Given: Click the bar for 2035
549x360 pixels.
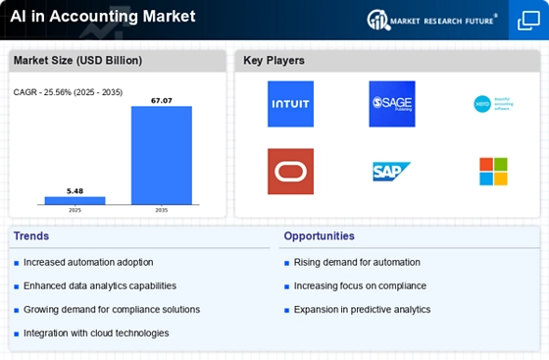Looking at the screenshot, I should (x=162, y=155).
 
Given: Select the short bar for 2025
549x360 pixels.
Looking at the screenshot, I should (x=75, y=200).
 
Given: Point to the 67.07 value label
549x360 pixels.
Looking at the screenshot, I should (x=162, y=99).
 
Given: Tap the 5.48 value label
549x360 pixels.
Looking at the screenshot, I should (x=75, y=190).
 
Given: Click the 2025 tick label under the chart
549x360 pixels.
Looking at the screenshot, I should (x=75, y=211).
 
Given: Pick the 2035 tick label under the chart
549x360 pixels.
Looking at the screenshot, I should (x=162, y=211).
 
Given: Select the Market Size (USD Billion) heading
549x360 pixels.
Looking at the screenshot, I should (x=77, y=61).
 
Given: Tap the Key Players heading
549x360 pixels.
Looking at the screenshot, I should (x=274, y=61).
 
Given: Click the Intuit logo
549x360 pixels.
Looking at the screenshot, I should (x=291, y=104).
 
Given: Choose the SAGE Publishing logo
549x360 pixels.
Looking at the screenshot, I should (x=392, y=104).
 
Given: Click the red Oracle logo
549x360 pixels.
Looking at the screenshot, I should (x=291, y=171).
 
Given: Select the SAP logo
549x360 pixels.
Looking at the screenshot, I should (x=392, y=172).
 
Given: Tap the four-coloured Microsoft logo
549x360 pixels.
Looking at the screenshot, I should (x=493, y=171).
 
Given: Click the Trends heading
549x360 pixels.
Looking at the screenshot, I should (x=32, y=235).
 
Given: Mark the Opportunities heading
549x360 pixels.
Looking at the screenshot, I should (x=320, y=235).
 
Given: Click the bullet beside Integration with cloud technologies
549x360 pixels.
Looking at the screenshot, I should (x=16, y=334).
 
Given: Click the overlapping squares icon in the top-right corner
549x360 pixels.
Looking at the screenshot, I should (x=527, y=21).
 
